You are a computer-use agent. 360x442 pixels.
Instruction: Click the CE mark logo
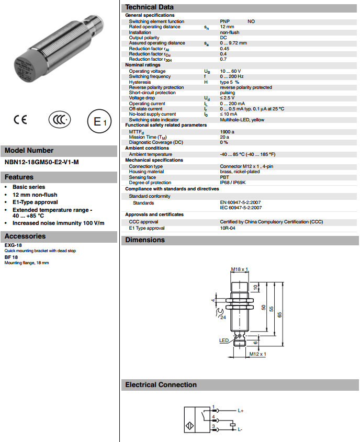(20, 120)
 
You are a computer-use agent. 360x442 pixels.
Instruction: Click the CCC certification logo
(59, 120)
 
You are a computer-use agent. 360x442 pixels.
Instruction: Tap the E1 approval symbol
(99, 121)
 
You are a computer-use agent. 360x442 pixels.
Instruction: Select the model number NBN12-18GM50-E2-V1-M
(41, 162)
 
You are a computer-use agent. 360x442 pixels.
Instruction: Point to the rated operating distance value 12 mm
(227, 27)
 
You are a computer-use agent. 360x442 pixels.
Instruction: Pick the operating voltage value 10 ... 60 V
(230, 71)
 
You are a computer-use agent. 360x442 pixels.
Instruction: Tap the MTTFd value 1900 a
(227, 131)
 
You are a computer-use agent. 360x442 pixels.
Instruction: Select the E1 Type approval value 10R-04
(228, 229)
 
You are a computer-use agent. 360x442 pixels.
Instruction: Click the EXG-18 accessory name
(13, 245)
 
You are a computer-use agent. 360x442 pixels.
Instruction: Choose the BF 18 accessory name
(12, 257)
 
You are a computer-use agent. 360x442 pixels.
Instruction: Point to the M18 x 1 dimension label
(239, 269)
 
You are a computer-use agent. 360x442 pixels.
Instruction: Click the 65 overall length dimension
(280, 314)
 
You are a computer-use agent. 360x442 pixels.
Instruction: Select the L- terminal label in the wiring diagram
(240, 429)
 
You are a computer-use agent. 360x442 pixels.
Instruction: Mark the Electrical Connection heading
(161, 385)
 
